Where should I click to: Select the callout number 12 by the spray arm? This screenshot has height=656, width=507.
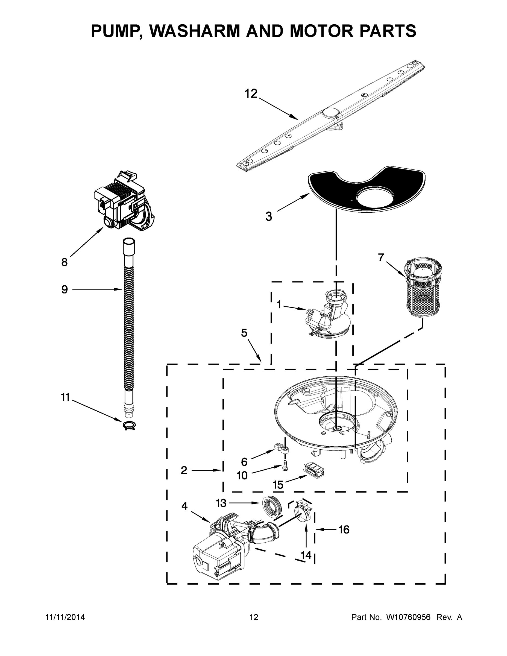[251, 94]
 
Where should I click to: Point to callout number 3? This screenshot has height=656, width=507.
[268, 216]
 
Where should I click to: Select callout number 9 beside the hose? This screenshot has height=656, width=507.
[65, 289]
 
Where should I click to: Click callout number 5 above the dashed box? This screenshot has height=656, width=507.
[244, 333]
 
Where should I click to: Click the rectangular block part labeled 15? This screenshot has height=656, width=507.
[313, 470]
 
